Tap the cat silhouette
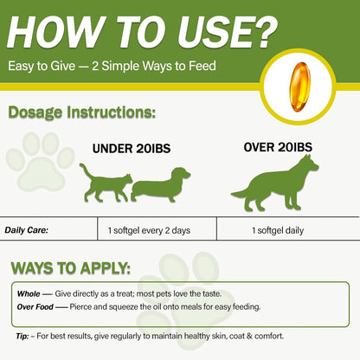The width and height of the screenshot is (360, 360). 103,180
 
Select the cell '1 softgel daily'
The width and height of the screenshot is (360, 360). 280,230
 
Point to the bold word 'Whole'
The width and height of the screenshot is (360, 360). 29,293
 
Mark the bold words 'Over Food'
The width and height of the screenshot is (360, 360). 35,306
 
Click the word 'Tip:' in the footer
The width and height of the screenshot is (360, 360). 23,336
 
